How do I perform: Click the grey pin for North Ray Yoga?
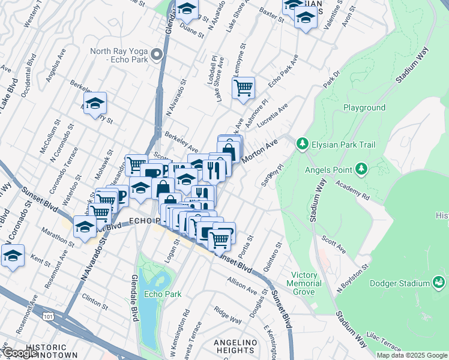157,56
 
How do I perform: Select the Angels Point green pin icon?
361,169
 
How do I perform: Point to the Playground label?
364,108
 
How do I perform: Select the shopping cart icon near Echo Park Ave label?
243,88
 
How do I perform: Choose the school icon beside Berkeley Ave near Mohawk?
95,103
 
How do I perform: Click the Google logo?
19,353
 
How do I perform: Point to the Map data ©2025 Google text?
412,355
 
